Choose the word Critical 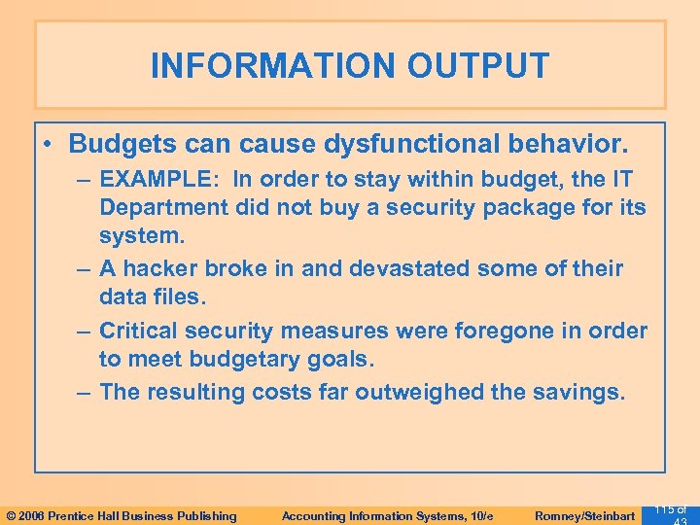click(142, 331)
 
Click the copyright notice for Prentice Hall click(121, 515)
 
